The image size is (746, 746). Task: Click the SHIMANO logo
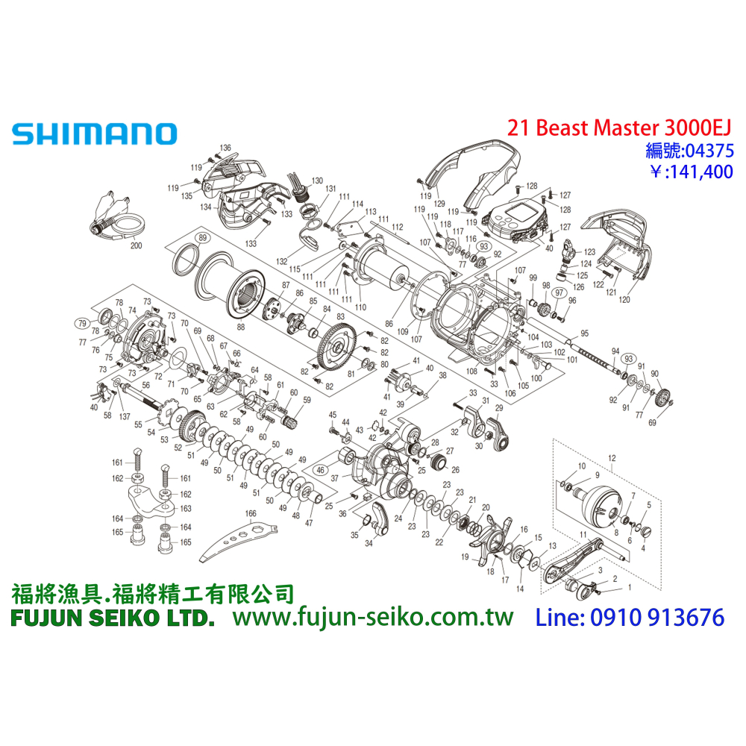[x=94, y=134]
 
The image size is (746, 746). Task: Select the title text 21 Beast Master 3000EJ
[x=620, y=128]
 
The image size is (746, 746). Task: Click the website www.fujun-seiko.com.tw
[x=373, y=617]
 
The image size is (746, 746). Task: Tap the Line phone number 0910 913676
[x=630, y=617]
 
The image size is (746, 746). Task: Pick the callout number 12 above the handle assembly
[x=612, y=457]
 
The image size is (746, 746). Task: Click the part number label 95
[x=584, y=333]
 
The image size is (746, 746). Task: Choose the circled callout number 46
[x=322, y=471]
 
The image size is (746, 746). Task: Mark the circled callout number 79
[x=81, y=322]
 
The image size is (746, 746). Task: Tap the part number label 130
[x=317, y=181]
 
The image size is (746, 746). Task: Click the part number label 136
[x=225, y=148]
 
